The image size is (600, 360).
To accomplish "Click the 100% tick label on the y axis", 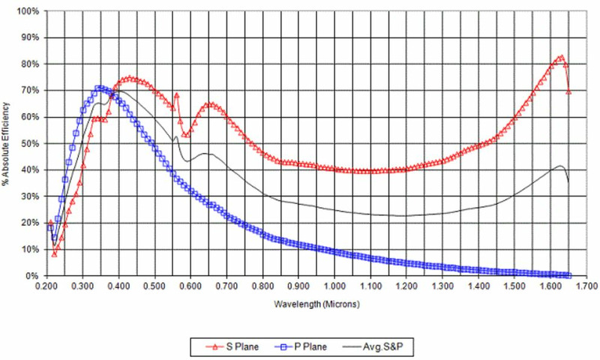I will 28,12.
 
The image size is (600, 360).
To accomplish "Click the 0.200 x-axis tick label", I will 46,286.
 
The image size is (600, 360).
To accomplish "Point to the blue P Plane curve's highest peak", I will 98,88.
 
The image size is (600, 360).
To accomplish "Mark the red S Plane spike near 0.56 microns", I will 177,95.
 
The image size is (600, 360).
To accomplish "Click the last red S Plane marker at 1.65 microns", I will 568,91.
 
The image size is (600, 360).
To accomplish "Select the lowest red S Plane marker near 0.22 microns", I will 54,254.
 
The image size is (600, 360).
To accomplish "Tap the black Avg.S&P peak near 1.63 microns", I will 560,166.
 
